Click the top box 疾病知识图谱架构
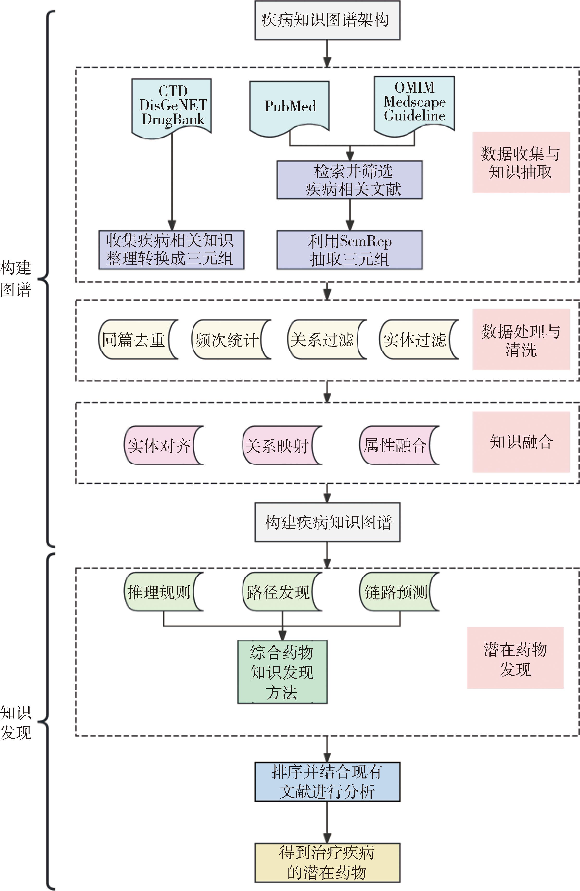tap(327, 20)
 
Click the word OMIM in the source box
tap(414, 88)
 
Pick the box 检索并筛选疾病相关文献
tap(350, 180)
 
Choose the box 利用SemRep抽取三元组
tap(350, 250)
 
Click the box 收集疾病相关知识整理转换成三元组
tap(171, 250)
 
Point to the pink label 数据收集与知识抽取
tap(521, 162)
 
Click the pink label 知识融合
tap(521, 442)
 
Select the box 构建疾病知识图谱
tap(327, 522)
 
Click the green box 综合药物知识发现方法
tap(282, 672)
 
